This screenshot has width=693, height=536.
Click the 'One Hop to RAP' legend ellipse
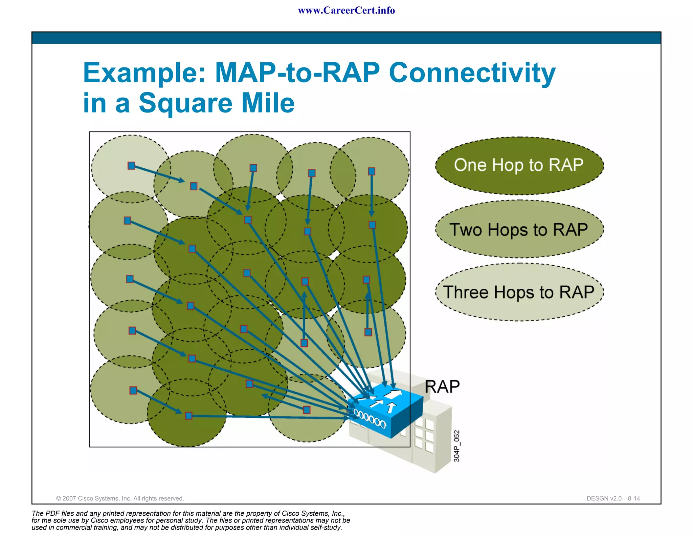pos(519,166)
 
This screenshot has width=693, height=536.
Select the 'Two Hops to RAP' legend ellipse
pos(519,229)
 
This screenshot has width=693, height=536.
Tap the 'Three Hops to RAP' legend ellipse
pos(519,292)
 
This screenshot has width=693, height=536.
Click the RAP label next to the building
pos(442,387)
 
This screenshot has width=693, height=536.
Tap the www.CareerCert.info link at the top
pos(346,11)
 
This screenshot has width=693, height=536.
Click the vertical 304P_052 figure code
pos(456,446)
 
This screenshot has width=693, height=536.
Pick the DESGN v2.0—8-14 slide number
pos(613,498)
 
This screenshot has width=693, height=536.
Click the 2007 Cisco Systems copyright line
pos(120,498)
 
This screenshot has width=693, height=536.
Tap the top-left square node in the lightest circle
pos(131,166)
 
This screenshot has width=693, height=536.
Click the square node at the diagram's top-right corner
pos(372,171)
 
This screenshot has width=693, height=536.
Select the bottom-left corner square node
pos(133,391)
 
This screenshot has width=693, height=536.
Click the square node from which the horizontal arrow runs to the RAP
pos(189,416)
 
